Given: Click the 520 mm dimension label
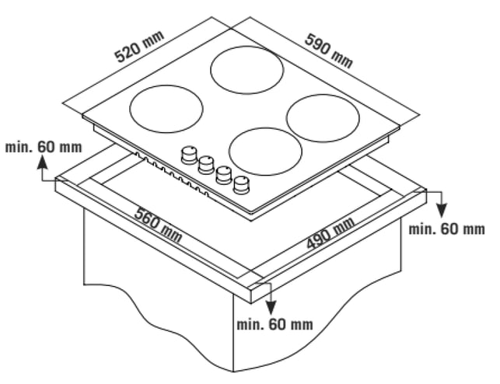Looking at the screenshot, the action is point(139,47).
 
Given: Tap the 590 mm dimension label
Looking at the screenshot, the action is point(329,51).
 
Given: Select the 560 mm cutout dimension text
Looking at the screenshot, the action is point(158,224).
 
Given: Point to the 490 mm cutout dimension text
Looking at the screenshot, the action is point(330,233).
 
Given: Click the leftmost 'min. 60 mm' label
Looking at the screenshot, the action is point(44,147).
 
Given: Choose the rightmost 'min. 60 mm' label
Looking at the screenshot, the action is point(447,229).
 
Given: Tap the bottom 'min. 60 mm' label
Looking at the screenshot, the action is point(274,324).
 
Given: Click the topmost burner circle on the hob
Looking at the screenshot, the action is point(247,70).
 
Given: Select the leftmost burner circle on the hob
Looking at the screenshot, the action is point(166,109).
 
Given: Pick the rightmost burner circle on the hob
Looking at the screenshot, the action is point(323,118).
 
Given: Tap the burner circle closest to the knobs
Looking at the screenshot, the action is point(265,152).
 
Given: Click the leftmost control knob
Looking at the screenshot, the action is point(189,155).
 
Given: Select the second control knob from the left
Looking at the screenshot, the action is point(206,165).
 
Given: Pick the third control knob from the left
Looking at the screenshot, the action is point(224,175).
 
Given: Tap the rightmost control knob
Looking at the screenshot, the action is point(241,185).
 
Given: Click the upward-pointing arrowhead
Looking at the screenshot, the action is point(42,162).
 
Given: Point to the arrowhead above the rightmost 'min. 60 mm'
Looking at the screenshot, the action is point(442,211).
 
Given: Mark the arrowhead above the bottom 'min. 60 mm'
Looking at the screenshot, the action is point(271,308).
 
